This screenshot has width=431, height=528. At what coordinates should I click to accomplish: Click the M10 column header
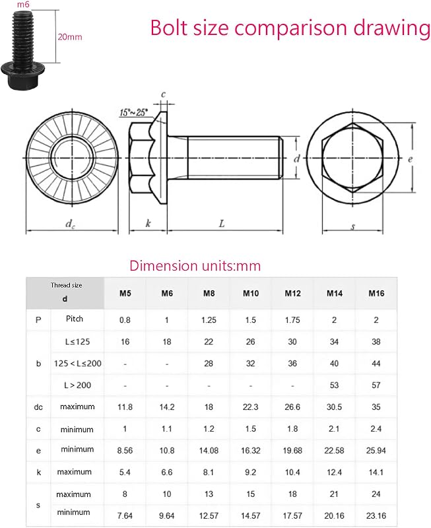251,293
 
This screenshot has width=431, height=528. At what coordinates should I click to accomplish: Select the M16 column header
376,293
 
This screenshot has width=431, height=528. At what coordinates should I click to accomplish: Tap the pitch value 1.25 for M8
209,320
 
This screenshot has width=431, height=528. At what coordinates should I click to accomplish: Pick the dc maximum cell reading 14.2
167,407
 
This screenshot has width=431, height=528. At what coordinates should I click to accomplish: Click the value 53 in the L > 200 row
334,385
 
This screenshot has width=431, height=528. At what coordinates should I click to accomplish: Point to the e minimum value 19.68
292,451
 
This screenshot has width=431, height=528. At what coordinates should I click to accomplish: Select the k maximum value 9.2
251,473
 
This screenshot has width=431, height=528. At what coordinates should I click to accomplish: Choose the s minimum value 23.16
376,515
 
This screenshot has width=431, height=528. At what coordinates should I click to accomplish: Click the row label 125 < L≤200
77,364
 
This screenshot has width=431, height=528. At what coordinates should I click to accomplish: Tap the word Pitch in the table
75,319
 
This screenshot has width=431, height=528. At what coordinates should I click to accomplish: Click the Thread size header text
67,285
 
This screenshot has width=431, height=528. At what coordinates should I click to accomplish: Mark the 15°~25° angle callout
134,112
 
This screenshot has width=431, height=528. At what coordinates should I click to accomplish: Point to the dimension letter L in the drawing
222,224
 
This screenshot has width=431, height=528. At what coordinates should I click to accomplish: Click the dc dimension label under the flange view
70,224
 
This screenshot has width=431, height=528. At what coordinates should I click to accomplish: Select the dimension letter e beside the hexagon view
410,159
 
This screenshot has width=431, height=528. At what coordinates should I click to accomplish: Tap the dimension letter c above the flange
163,94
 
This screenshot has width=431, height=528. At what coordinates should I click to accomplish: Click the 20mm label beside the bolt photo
70,37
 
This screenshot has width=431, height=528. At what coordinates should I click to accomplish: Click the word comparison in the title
291,28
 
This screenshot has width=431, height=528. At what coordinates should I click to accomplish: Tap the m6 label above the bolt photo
23,5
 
